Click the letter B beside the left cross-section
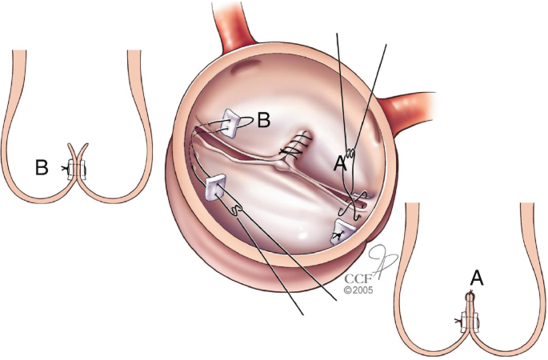[x=43, y=168]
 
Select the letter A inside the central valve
[x=339, y=166]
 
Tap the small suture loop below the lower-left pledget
[x=236, y=210]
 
